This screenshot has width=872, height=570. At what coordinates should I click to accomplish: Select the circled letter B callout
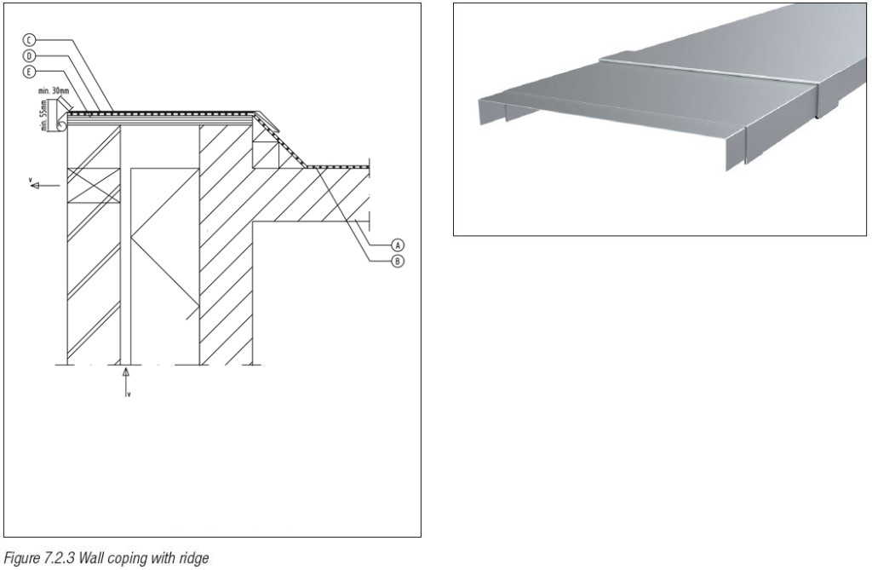(x=396, y=262)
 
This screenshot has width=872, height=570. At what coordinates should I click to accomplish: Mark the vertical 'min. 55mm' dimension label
(x=43, y=113)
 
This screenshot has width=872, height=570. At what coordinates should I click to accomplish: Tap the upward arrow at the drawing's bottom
(x=126, y=372)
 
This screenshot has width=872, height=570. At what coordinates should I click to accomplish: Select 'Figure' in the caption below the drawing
(x=21, y=558)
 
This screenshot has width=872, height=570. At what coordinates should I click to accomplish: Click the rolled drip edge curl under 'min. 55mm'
(x=60, y=125)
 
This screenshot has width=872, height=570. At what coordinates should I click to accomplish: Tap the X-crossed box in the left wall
(x=94, y=184)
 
